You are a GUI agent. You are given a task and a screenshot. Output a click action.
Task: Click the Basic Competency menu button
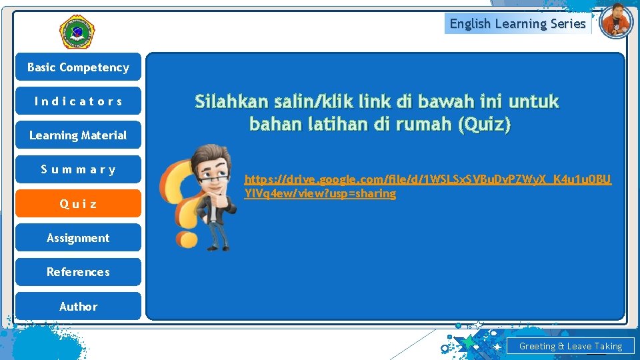(x=78, y=67)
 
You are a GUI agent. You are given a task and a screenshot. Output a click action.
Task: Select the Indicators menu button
(x=78, y=101)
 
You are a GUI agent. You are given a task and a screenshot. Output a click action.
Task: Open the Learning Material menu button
(x=78, y=135)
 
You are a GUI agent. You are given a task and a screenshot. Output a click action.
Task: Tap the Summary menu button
(x=78, y=169)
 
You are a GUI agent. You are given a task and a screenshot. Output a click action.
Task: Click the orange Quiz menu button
(x=78, y=204)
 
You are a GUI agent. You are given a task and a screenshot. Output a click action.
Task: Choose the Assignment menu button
(x=78, y=238)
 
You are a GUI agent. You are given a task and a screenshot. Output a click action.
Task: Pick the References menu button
(x=78, y=272)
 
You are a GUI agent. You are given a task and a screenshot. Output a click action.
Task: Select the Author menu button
(x=78, y=307)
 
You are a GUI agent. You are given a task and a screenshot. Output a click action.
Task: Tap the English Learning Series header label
(x=517, y=24)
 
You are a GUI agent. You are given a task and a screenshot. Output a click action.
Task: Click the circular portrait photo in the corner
(x=615, y=21)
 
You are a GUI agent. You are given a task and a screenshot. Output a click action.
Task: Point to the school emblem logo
(x=77, y=31)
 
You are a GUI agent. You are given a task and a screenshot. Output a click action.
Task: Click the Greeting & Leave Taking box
(x=570, y=346)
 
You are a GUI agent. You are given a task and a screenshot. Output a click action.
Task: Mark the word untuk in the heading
(x=533, y=102)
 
